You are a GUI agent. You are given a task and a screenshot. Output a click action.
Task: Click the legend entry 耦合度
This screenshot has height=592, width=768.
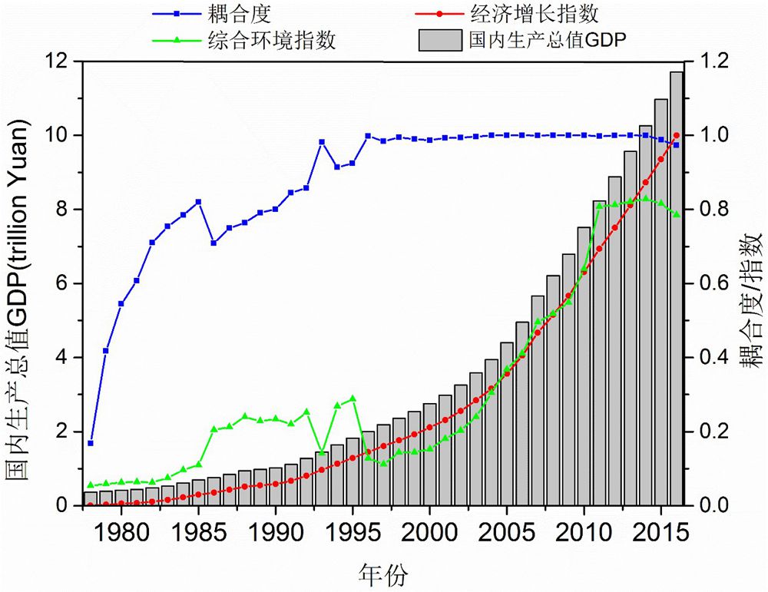234,14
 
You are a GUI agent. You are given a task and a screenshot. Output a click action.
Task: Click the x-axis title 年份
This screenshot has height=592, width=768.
382,572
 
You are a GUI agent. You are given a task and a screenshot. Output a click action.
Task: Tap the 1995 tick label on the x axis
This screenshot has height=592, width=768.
353,531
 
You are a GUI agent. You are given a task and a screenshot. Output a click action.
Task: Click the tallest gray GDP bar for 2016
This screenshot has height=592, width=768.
677,289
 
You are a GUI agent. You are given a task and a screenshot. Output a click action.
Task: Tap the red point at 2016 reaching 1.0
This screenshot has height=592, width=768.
677,135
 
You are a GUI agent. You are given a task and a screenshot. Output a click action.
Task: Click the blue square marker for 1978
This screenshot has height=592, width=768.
91,443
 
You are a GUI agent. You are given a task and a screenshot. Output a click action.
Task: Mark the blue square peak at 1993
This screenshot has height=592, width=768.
322,142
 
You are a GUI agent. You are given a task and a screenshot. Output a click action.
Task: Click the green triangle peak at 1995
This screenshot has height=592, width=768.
353,399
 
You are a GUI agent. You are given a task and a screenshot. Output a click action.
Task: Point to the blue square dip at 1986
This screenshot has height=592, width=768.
214,243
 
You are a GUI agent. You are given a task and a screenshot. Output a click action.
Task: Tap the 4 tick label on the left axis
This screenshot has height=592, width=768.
62,358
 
